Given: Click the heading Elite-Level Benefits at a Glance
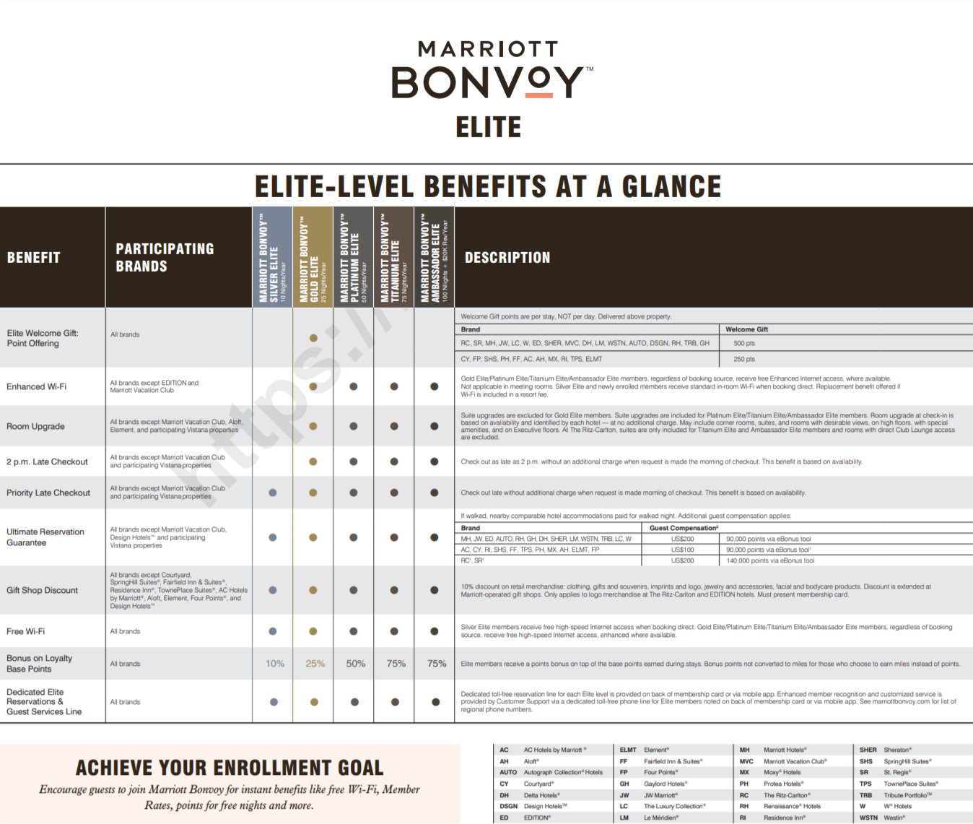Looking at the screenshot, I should [x=488, y=187].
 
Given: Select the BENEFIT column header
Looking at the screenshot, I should [x=34, y=258].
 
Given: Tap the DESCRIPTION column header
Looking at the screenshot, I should [x=507, y=258].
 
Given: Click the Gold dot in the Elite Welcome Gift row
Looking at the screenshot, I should [x=313, y=338].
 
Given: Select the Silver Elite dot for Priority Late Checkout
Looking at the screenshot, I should [x=273, y=493].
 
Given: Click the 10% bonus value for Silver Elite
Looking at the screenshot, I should [x=275, y=664].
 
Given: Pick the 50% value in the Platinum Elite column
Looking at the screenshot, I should [x=356, y=664].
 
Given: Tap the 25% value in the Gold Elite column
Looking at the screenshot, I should [x=315, y=664].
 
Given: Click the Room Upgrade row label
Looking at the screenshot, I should [x=36, y=426].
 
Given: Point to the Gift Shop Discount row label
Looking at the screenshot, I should [x=43, y=590].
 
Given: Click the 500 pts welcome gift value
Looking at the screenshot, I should [x=744, y=344].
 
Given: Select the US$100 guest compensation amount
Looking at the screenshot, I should [x=682, y=550].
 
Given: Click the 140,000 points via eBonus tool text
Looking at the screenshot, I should [x=770, y=560].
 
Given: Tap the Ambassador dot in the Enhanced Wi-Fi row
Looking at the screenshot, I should [x=435, y=386].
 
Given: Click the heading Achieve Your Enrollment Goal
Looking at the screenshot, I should [x=230, y=767].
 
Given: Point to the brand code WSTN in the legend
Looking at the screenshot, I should [x=868, y=818].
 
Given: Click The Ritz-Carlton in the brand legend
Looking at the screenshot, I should [x=787, y=795].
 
